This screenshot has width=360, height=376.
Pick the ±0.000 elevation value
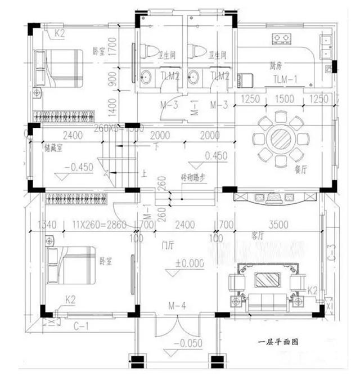tap(189, 263)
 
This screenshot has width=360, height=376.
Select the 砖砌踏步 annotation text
tap(192, 176)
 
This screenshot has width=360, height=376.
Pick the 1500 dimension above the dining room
tap(277, 100)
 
